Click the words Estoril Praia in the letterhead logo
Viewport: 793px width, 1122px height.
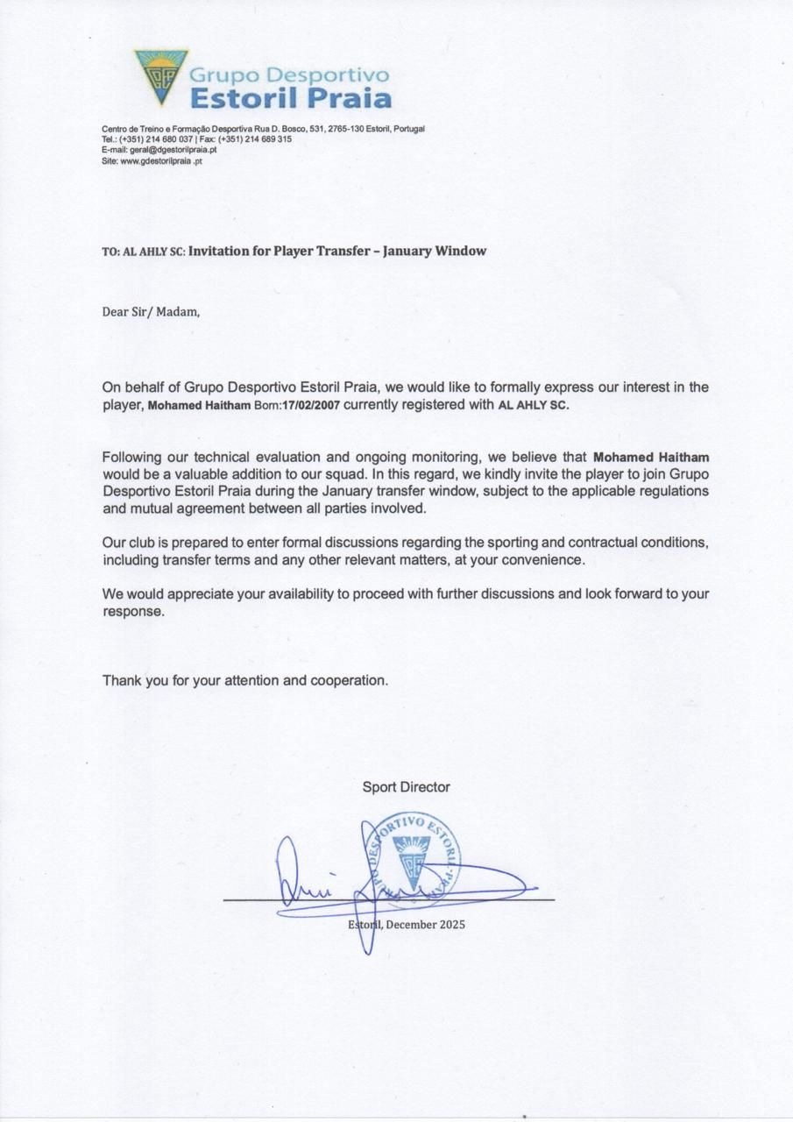point(290,96)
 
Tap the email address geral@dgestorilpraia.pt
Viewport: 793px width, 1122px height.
point(173,150)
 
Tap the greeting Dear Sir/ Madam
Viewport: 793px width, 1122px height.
point(151,310)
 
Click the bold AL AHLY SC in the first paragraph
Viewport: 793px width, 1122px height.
point(533,406)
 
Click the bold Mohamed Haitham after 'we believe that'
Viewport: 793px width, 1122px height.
point(651,457)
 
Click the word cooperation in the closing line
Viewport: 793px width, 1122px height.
point(347,680)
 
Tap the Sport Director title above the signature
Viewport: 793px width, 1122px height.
point(406,787)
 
